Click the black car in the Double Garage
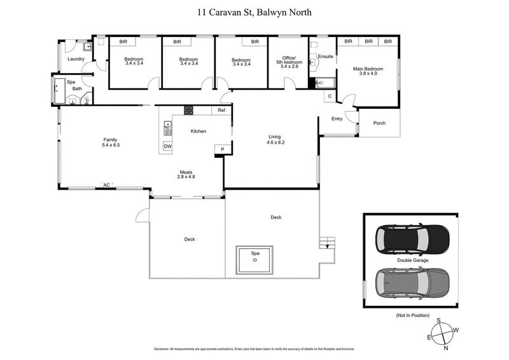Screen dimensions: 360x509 click(412, 239)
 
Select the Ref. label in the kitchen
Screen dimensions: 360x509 click(222, 111)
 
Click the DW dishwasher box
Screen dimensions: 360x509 click(167, 147)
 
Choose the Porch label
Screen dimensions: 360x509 click(379, 123)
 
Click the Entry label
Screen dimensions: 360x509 click(337, 119)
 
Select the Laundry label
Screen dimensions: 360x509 click(76, 60)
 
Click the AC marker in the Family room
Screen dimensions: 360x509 click(107, 186)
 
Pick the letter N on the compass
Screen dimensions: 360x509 click(445, 349)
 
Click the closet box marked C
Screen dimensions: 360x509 click(329, 96)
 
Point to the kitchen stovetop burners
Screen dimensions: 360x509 click(189, 110)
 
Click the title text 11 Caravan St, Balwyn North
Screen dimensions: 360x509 click(254, 11)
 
